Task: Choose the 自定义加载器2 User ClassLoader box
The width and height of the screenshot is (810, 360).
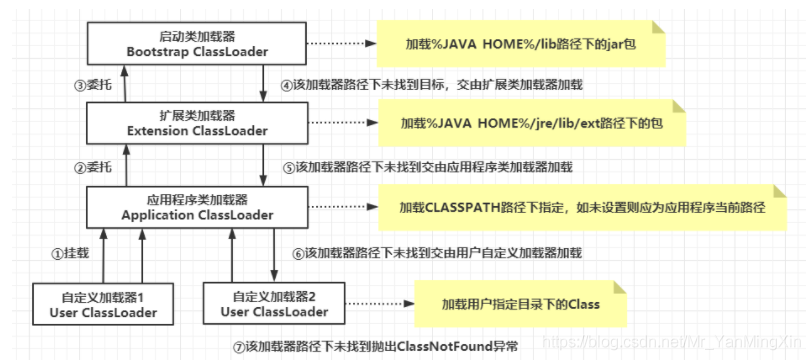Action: [x=272, y=302]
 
